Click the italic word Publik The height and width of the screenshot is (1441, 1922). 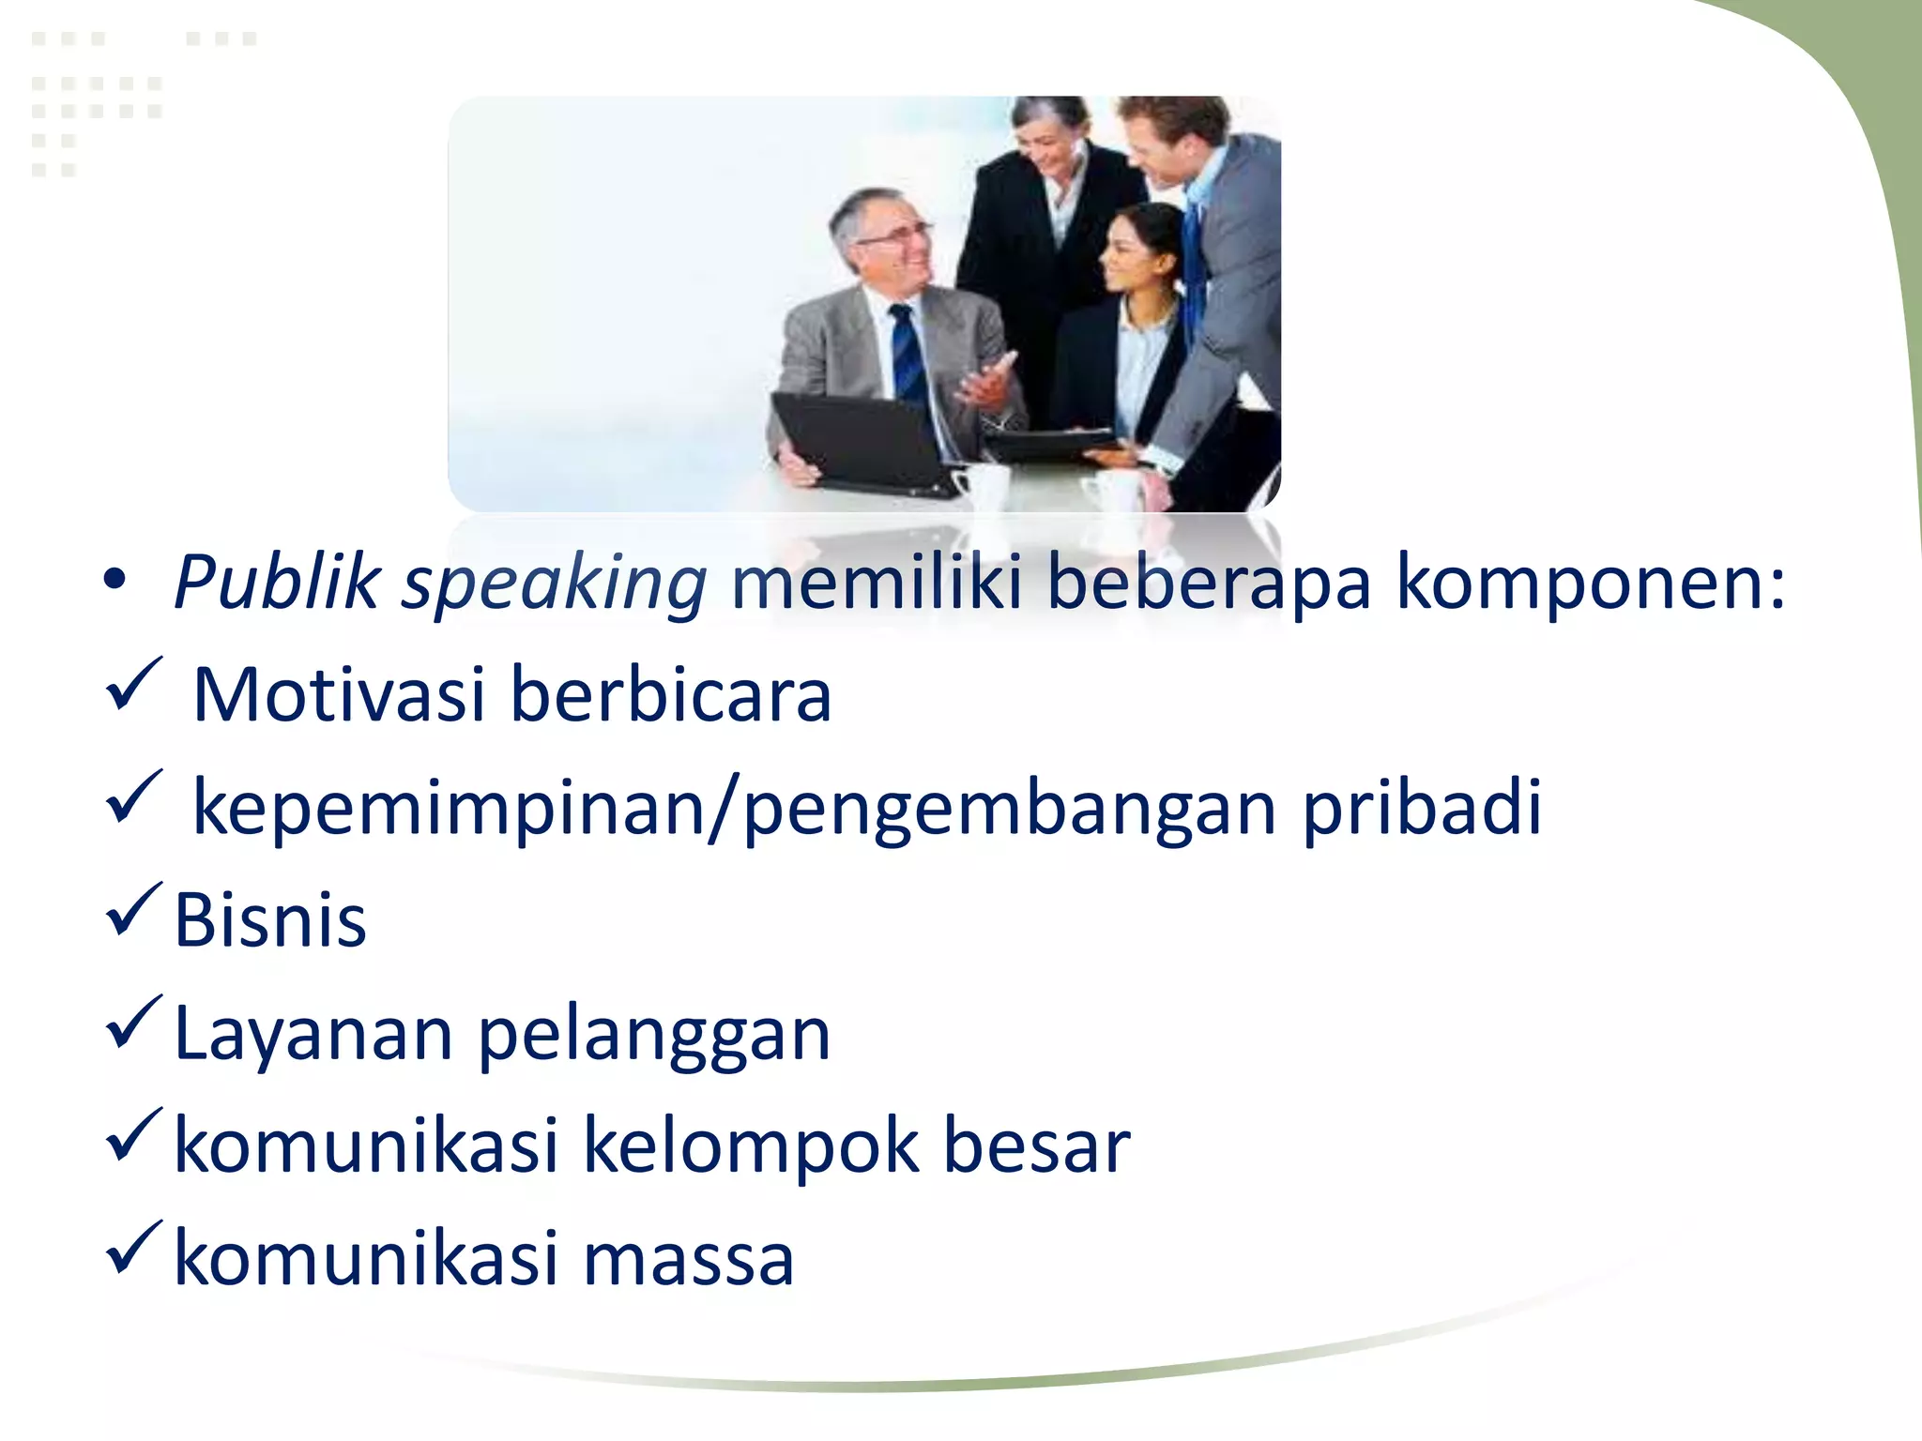278,583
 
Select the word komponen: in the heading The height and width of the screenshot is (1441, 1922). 1590,583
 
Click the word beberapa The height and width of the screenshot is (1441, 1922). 1208,583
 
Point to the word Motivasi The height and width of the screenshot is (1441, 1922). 339,695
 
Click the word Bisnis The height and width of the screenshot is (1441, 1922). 270,920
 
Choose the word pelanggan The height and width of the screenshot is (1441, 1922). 654,1035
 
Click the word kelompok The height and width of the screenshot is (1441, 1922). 751,1146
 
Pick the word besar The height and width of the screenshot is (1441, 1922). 1036,1146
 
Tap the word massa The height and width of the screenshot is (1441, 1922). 689,1259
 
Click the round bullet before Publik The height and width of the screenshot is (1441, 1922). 114,582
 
